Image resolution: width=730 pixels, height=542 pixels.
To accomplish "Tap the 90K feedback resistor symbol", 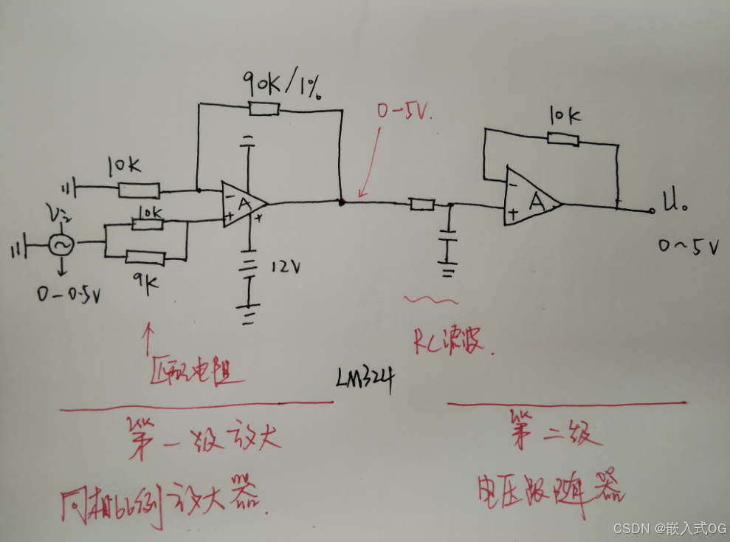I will coord(264,109).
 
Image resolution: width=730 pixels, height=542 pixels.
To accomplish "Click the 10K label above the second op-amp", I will coord(565,115).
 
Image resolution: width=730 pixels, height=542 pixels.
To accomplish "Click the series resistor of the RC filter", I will coord(422,204).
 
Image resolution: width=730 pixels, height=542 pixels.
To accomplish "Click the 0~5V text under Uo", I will coord(689,248).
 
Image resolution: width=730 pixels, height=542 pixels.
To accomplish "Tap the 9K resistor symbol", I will coord(145,257).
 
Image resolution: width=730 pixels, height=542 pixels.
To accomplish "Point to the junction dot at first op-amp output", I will coord(341,201).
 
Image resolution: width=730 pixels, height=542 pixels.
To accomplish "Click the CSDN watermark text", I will coord(669,528).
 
